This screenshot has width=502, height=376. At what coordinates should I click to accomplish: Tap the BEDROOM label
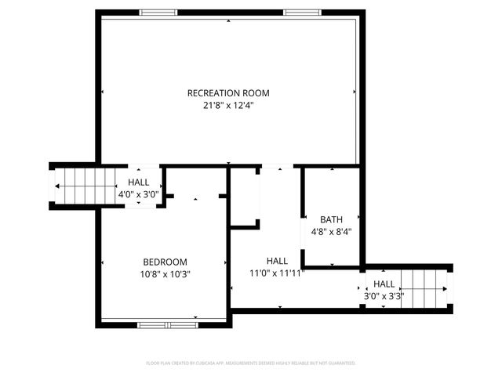(165, 262)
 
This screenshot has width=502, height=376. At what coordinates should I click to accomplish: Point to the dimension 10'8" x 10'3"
(165, 274)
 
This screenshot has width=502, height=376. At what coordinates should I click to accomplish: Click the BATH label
(331, 219)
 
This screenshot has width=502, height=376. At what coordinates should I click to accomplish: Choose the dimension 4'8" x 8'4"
(331, 232)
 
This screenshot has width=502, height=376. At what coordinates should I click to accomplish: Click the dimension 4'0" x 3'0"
(139, 194)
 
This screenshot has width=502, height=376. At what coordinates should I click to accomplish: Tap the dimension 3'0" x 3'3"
(384, 296)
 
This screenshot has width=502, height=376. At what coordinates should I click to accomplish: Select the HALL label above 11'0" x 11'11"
(276, 261)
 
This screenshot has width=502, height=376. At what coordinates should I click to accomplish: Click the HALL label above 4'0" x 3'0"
(139, 183)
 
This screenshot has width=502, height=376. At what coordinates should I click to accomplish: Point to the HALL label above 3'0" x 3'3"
(384, 284)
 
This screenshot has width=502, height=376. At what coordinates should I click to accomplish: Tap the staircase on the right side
(424, 287)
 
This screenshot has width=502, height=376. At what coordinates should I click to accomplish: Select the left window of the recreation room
(158, 12)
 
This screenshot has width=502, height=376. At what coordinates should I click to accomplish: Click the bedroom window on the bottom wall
(167, 324)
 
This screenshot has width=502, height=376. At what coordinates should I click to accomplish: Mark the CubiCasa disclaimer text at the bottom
(251, 363)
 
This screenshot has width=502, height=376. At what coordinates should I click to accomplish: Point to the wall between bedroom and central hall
(229, 258)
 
